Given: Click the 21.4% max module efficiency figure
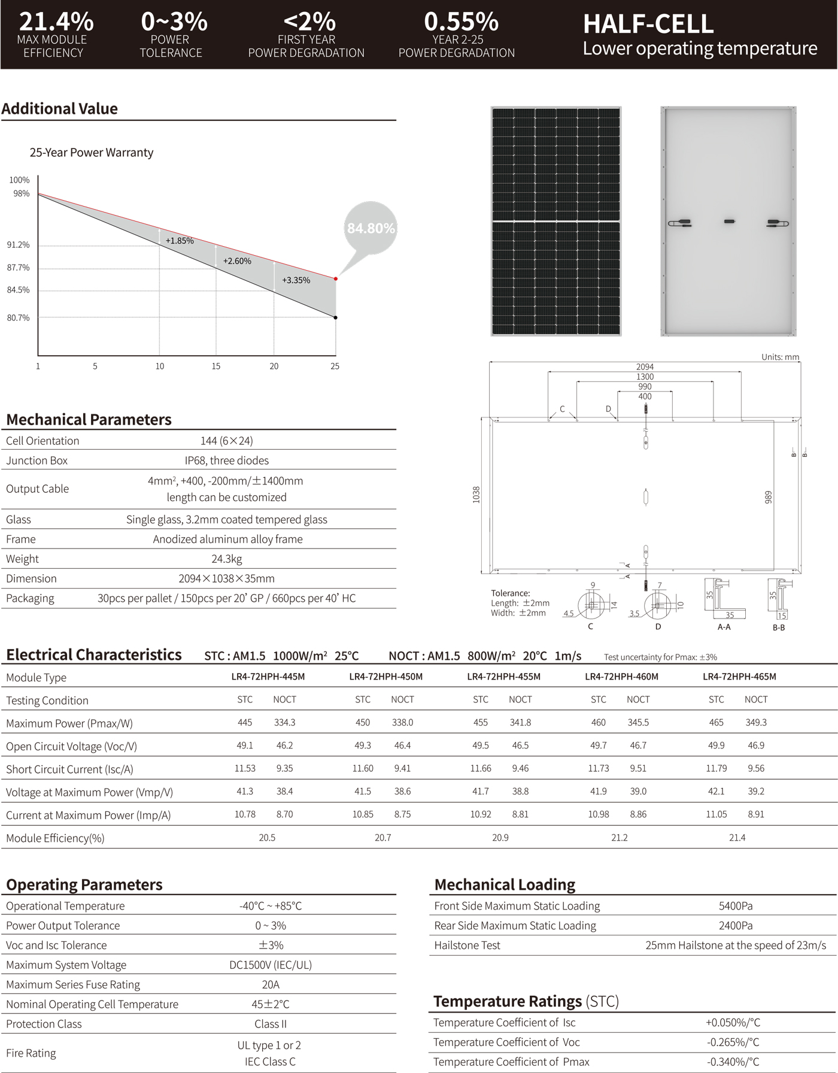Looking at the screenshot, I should coord(56,22).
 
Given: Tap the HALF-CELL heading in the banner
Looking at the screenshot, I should coord(648,24).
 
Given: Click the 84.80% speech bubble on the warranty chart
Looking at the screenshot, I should coord(371,228).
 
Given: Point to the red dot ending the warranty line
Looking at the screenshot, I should coord(336,278).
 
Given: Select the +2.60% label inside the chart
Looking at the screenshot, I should coord(237,261).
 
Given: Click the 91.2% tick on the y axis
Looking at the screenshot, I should coord(18,245).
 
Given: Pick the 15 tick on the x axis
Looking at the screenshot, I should coord(216,366).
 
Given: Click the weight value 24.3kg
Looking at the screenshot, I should coord(227,559).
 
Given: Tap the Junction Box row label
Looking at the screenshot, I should coord(37,460).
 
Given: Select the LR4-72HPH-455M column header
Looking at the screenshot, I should coord(503,677).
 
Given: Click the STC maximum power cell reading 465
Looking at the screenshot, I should coord(716,723).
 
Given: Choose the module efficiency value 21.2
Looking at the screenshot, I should coord(620,838).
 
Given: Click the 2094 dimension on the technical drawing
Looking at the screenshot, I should coord(645,366).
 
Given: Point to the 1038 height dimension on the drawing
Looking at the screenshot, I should coord(476,495).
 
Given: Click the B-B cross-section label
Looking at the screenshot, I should coord(779,628).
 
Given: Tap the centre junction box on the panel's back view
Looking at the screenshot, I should coord(729,222).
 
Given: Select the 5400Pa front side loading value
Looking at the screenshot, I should coord(736,906).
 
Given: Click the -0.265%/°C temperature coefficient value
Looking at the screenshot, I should coord(733,1042).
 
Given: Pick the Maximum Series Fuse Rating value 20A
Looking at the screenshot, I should coord(271,984).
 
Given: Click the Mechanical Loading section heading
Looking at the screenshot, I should coord(505,884).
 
